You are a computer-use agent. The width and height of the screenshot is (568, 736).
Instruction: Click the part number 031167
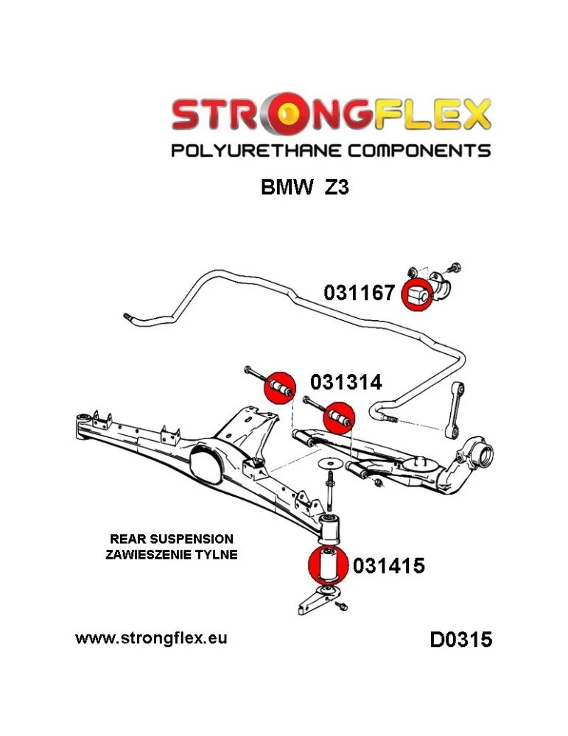pos(359,293)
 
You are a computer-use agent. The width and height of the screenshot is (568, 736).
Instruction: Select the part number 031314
pos(346,382)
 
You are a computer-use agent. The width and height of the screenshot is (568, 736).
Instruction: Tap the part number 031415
pos(388,565)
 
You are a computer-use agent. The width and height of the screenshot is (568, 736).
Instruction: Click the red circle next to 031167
pos(417,295)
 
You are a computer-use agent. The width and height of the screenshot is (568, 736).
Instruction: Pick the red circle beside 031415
pos(327,565)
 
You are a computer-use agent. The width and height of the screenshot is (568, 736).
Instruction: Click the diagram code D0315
pos(461,640)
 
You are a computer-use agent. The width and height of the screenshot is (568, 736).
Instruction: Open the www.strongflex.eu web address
pos(151,638)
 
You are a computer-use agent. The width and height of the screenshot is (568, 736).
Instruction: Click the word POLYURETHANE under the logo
pos(256,151)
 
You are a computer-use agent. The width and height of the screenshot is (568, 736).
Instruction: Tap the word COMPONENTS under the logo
pos(419,151)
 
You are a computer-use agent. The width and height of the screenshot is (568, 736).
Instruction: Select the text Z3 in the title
pos(337,188)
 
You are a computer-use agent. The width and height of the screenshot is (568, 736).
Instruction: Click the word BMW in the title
pos(287,188)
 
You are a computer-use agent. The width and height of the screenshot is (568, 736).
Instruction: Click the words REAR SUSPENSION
pos(172,539)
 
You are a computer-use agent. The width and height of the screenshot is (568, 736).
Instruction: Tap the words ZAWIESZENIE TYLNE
pos(172,554)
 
